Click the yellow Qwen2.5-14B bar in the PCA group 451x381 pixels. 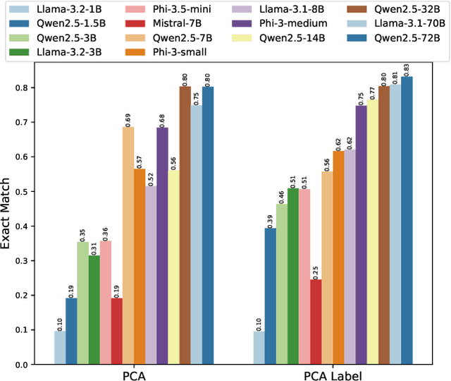[x=173, y=267]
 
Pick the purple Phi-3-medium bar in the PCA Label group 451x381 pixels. [x=361, y=234]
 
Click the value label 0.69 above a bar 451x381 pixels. [x=128, y=118]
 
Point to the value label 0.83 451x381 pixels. [x=407, y=68]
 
